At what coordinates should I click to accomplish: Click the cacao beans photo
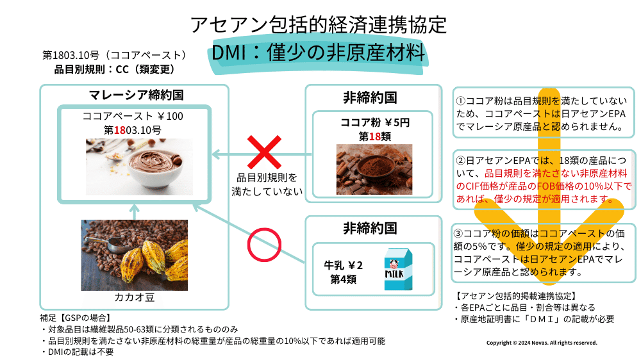134,254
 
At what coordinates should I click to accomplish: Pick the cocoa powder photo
374,169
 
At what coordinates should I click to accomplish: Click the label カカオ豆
134,298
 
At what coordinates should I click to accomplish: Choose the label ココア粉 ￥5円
374,122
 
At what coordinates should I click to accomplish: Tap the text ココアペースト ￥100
133,117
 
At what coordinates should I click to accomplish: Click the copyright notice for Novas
542,343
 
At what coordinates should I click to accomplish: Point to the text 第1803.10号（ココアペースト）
115,55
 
